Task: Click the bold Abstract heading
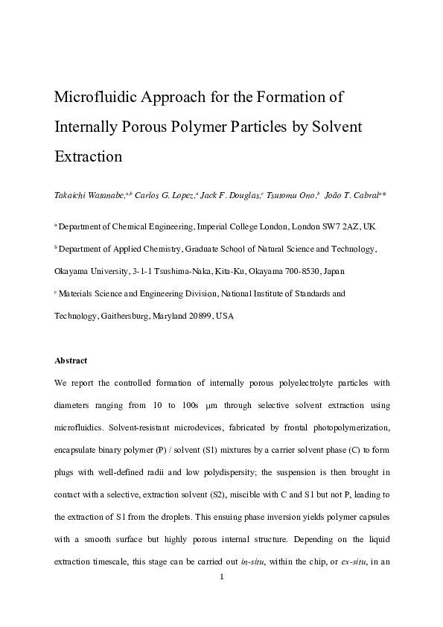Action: click(71, 360)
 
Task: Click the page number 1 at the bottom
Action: click(222, 576)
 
